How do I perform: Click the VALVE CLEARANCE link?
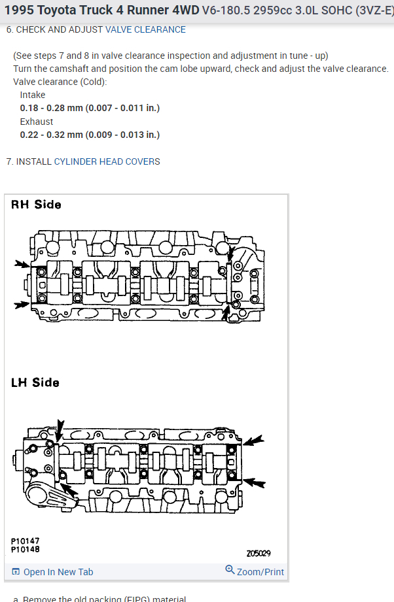(145, 29)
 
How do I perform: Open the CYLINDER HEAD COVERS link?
(107, 161)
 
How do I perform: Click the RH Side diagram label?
(36, 205)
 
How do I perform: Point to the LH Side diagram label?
(35, 382)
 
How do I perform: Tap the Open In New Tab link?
(58, 572)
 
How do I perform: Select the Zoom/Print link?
(260, 572)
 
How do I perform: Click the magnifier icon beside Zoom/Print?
(230, 570)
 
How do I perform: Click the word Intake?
(33, 95)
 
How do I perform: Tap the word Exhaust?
(37, 122)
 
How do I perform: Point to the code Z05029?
(259, 554)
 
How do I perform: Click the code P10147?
(26, 541)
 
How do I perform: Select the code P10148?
(26, 549)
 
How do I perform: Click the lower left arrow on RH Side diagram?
(22, 305)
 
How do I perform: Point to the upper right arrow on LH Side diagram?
(254, 441)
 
